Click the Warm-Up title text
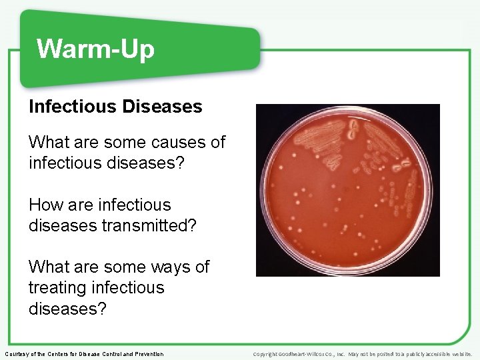95,49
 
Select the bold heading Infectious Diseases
115,106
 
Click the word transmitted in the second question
155,225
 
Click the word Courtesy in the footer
17,353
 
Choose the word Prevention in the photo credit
149,353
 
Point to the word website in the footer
465,353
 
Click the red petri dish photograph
347,190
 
